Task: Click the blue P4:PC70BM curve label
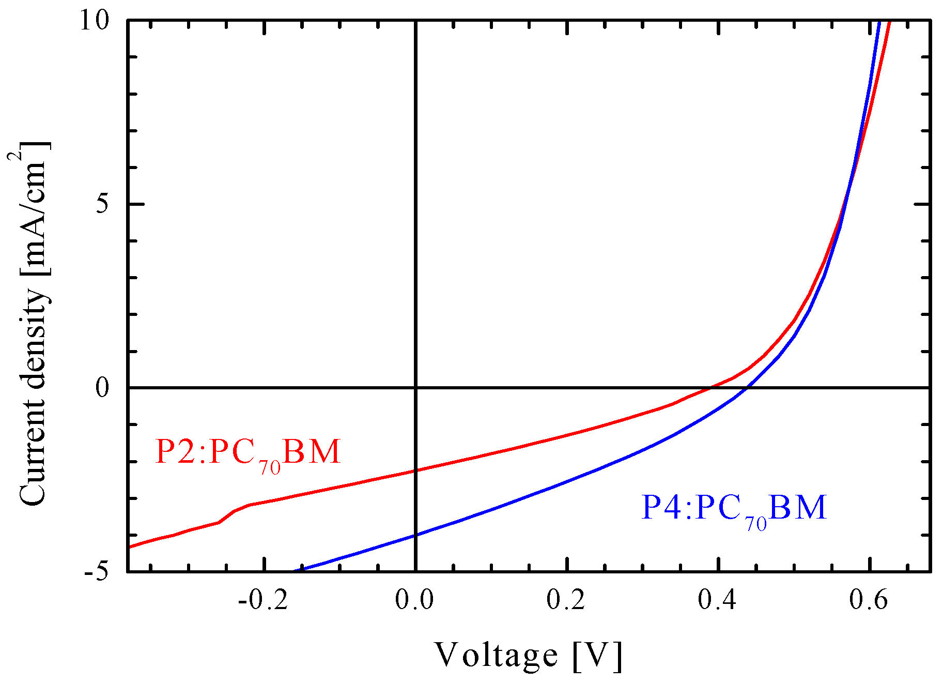click(x=734, y=509)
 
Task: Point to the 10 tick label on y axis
click(x=94, y=22)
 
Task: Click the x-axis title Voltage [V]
click(x=528, y=656)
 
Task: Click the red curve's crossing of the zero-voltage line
click(x=415, y=470)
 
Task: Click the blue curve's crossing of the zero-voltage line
click(x=415, y=535)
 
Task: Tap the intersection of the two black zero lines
click(x=415, y=387)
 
